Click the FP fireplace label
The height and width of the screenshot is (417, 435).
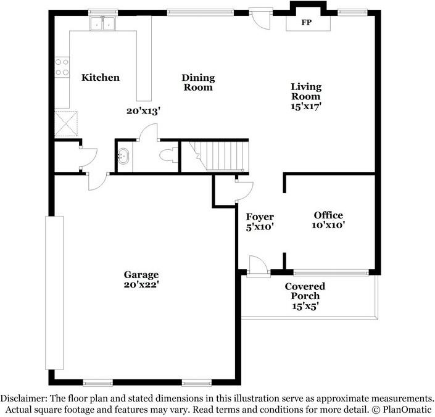[306, 22]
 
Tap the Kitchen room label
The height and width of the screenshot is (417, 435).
[101, 77]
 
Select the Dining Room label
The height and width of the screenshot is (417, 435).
[198, 82]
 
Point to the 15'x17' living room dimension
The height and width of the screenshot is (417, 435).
[306, 106]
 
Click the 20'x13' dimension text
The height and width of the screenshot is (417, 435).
[144, 111]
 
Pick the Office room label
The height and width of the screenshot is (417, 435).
[328, 215]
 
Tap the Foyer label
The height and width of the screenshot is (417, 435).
[260, 217]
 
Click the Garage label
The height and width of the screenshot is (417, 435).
[141, 275]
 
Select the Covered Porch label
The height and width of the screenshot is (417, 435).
[305, 291]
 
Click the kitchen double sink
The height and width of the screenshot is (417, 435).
[102, 23]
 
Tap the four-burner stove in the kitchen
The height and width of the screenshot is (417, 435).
[62, 67]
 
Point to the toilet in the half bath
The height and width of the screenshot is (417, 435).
[168, 155]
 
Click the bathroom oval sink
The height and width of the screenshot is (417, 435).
[123, 156]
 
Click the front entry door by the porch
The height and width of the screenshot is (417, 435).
[259, 266]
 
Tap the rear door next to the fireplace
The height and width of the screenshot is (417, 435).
[260, 19]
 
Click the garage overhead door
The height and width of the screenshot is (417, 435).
[54, 293]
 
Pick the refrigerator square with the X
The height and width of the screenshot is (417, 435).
[66, 123]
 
